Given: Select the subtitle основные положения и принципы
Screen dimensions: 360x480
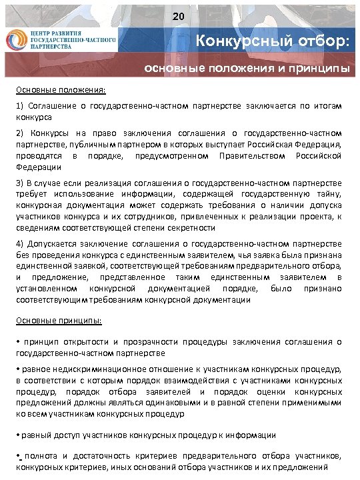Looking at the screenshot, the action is click(x=247, y=69).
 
